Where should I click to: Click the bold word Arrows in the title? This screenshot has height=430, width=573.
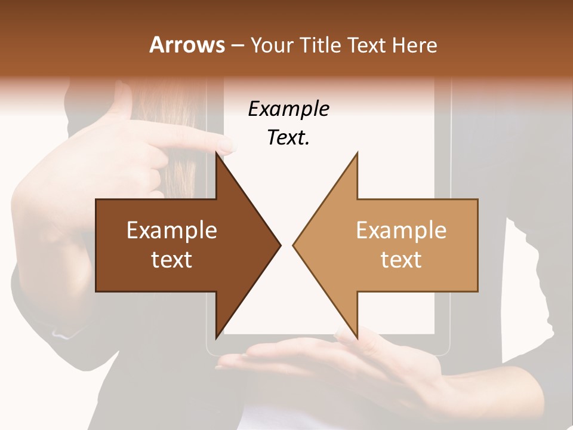187,45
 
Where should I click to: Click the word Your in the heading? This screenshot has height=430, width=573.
272,45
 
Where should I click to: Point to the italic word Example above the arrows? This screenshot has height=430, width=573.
288,109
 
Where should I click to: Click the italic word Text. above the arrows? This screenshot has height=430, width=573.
288,138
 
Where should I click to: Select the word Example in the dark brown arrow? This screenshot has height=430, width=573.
172,231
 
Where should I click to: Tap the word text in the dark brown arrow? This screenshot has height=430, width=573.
172,260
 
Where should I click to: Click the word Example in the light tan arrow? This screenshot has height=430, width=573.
401,231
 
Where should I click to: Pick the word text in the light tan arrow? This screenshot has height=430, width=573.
401,260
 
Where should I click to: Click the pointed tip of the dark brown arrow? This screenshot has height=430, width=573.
279,245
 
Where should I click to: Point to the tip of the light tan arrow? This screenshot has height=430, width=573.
294,245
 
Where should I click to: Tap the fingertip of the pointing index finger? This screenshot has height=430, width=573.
228,143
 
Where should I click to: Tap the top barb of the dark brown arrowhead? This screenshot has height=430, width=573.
217,156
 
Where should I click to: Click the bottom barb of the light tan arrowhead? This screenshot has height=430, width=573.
356,335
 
